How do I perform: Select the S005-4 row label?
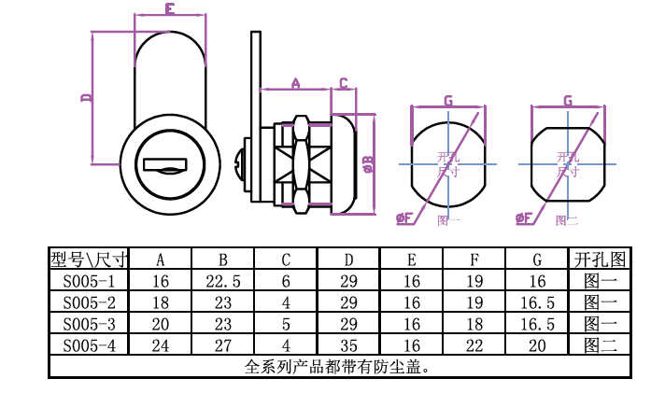click(x=89, y=344)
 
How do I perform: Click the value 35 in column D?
click(x=348, y=344)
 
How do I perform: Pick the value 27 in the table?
click(x=222, y=344)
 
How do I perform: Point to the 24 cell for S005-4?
click(x=160, y=344)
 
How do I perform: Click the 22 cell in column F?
click(x=474, y=344)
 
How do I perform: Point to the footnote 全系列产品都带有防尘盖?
click(x=336, y=366)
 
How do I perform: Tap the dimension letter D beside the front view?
click(x=85, y=97)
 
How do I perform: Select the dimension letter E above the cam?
click(x=170, y=9)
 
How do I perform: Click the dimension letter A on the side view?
click(x=295, y=83)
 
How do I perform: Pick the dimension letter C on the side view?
click(x=343, y=83)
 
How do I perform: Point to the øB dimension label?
click(x=367, y=165)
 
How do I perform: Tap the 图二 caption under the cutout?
click(x=566, y=221)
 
